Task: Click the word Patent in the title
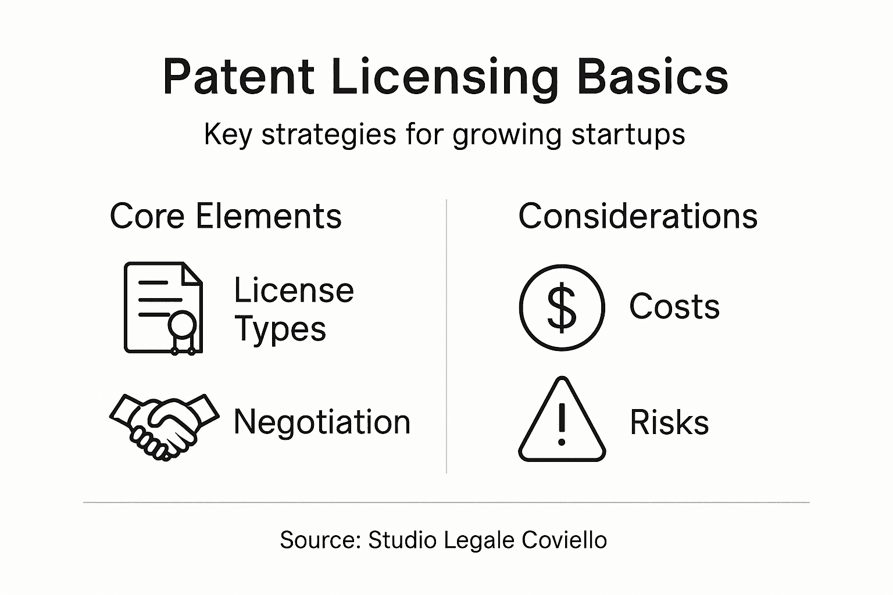[x=238, y=77]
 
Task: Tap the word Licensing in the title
[x=445, y=78]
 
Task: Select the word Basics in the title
[x=652, y=77]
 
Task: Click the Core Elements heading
[x=226, y=216]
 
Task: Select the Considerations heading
[x=638, y=216]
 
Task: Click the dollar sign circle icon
[x=562, y=307]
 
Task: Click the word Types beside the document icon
[x=280, y=329]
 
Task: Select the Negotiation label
[x=322, y=422]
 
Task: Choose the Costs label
[x=674, y=306]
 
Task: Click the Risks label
[x=669, y=422]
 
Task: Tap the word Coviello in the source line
[x=564, y=540]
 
